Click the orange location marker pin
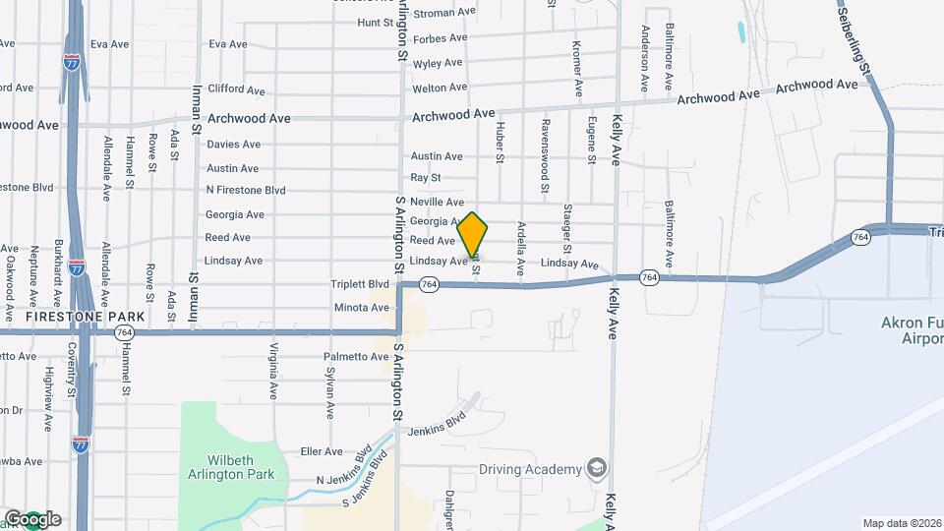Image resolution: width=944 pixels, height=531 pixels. pos(473,235)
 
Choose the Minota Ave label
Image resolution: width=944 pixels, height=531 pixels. pos(361,308)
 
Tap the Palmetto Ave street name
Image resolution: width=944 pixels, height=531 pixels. pos(357,356)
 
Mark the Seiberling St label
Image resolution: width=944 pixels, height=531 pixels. pos(855,38)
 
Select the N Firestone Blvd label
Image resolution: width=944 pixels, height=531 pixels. pos(246,190)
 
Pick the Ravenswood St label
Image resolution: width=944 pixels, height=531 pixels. pos(544,156)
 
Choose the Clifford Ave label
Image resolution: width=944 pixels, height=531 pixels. pos(237,90)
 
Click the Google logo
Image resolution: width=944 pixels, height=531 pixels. pos(32,518)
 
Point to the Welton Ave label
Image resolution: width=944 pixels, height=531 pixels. pos(439,88)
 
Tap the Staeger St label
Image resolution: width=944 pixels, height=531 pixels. pos(568,227)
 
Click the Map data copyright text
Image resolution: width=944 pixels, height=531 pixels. pos(902,523)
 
